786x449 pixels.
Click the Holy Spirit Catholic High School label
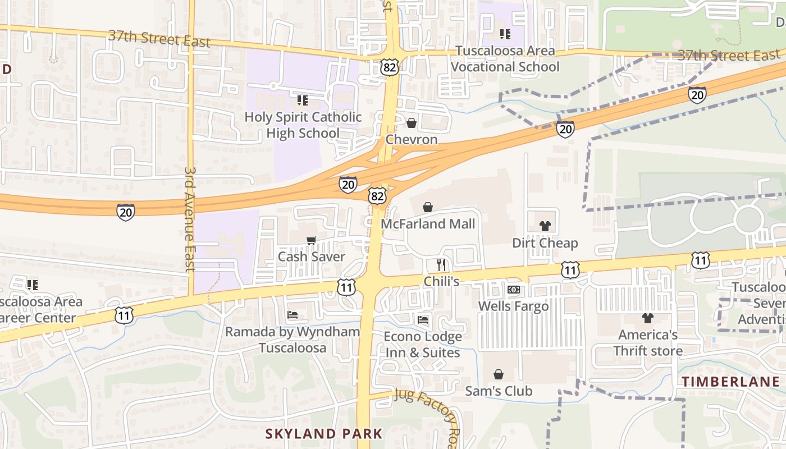[303, 125]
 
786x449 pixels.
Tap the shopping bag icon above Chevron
[412, 123]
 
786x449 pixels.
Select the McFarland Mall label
[428, 224]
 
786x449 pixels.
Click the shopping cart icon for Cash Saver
[312, 241]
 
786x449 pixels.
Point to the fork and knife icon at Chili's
[442, 264]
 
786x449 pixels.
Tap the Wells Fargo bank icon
[513, 290]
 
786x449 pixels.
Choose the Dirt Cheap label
[545, 243]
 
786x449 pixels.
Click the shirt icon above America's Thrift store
[648, 318]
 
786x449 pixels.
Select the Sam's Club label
[499, 391]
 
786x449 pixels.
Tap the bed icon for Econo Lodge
[423, 320]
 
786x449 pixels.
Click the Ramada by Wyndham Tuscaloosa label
[293, 340]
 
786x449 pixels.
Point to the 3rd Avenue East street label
[190, 219]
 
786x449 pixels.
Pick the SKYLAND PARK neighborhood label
[323, 433]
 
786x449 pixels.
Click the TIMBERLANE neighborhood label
[730, 382]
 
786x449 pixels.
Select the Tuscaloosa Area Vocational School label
[505, 58]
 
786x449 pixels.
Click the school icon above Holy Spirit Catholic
[303, 100]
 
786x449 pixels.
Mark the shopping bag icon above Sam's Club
[499, 374]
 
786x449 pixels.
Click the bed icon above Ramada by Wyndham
[293, 315]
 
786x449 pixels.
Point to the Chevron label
[412, 139]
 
